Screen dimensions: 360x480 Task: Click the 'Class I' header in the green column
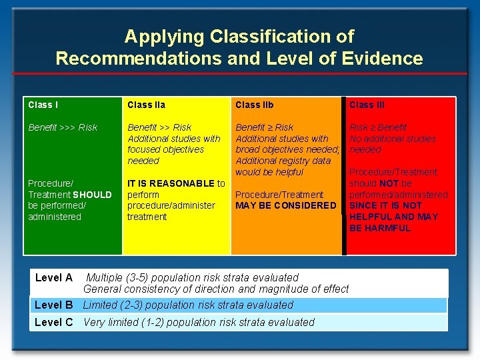43,105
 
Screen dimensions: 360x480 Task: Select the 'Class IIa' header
146,105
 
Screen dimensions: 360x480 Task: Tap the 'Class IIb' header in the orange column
254,105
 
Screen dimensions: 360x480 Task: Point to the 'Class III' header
367,105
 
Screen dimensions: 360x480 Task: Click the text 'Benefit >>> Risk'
62,127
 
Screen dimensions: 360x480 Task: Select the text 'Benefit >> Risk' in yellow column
159,127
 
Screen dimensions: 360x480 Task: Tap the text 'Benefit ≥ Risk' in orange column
264,127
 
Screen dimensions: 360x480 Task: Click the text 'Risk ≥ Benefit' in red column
378,127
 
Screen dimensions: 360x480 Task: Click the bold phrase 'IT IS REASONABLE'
171,183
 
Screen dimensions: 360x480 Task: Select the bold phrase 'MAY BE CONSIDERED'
286,205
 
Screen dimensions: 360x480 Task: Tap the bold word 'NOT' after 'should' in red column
389,183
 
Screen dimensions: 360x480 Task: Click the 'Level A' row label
53,277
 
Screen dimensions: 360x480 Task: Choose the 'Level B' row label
53,305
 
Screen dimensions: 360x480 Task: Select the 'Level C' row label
53,322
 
